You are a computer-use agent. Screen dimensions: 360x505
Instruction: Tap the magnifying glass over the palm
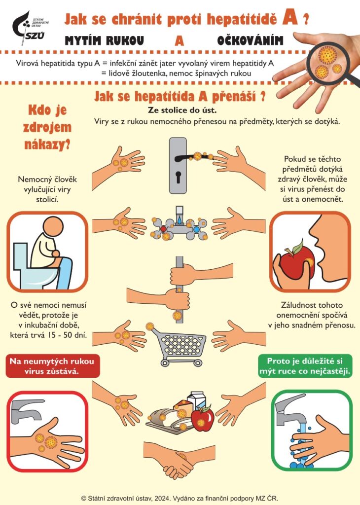(328, 61)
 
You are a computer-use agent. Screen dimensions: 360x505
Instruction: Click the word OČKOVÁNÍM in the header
(250, 40)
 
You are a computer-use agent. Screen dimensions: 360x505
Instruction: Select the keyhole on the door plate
(178, 178)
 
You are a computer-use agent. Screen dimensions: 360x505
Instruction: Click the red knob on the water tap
(164, 229)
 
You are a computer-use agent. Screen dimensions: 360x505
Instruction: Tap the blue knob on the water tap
(196, 229)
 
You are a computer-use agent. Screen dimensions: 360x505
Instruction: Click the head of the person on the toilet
(53, 226)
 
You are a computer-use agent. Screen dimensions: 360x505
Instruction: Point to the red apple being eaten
(296, 261)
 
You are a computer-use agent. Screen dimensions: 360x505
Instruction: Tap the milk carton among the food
(197, 401)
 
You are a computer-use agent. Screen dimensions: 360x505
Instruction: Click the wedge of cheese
(183, 407)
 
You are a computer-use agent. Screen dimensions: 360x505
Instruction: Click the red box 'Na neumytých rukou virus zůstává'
(52, 366)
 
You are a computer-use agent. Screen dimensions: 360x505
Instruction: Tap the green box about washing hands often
(305, 366)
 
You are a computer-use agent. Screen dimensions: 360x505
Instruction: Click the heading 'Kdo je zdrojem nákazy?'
(47, 127)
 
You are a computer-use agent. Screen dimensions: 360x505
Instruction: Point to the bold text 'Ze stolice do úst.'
(182, 110)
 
